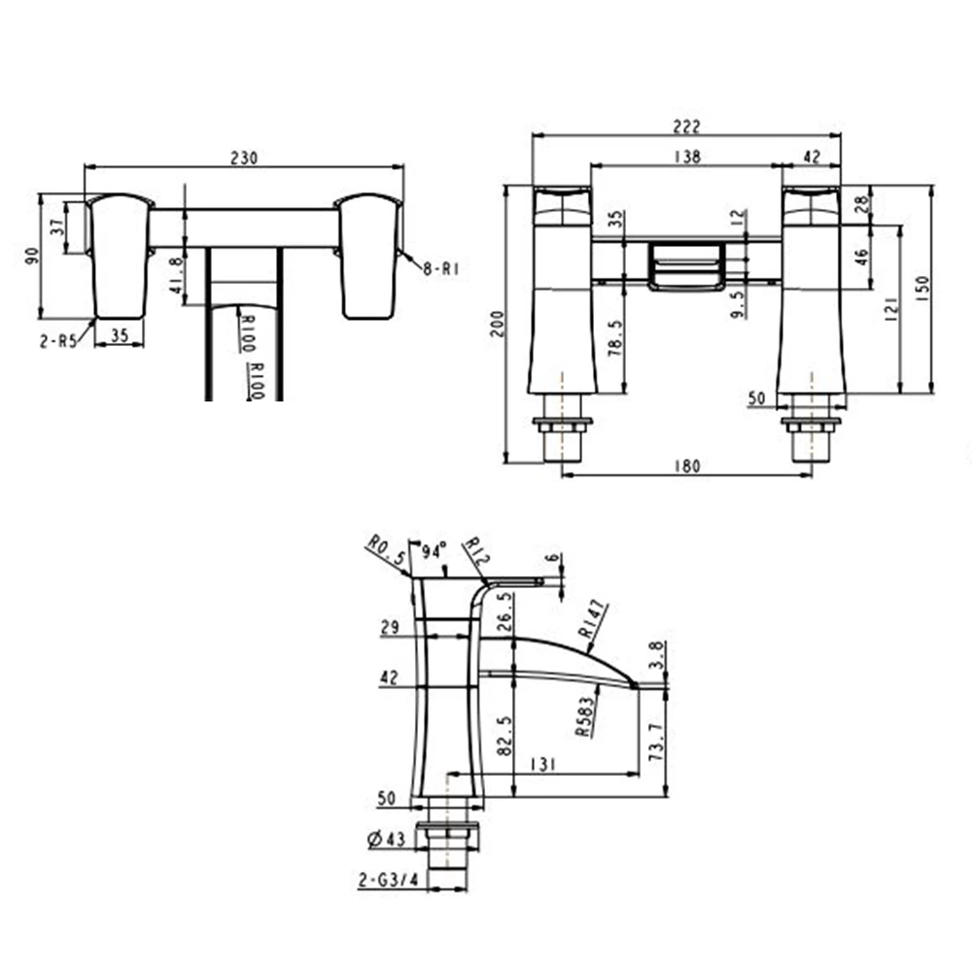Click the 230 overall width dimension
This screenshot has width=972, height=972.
[x=244, y=158]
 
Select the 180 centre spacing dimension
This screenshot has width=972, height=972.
[x=686, y=467]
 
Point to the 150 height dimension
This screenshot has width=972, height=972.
[x=922, y=289]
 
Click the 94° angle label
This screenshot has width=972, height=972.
[x=433, y=552]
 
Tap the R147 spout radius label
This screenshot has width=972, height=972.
[x=595, y=619]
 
